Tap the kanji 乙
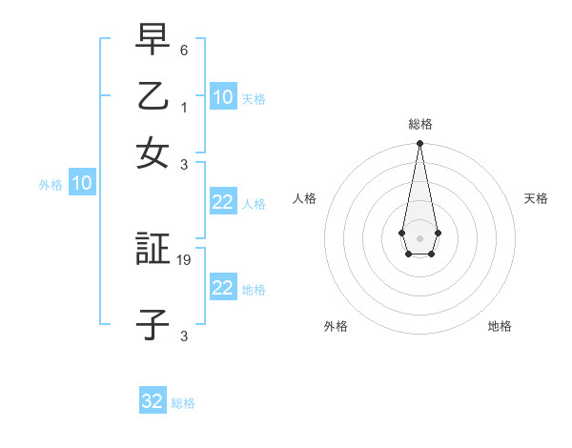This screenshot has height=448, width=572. pyautogui.click(x=153, y=96)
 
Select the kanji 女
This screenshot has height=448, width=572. pyautogui.click(x=153, y=153)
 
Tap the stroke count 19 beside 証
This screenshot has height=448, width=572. pyautogui.click(x=185, y=259)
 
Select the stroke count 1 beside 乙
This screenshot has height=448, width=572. pyautogui.click(x=184, y=108)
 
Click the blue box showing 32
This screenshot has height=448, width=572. pyautogui.click(x=153, y=401)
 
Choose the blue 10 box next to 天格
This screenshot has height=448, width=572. pyautogui.click(x=222, y=97)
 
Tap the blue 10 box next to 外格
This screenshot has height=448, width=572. pyautogui.click(x=82, y=184)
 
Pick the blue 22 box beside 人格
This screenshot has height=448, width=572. pyautogui.click(x=222, y=202)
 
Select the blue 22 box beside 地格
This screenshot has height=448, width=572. pyautogui.click(x=222, y=288)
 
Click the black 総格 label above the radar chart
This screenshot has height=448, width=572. pyautogui.click(x=419, y=124)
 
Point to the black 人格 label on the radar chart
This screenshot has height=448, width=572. pyautogui.click(x=304, y=198)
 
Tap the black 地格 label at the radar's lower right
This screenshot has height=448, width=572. pyautogui.click(x=500, y=326)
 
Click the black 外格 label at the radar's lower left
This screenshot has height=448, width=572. pyautogui.click(x=336, y=326)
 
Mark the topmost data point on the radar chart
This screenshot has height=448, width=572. pyautogui.click(x=419, y=144)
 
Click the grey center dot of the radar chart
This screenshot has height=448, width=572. pyautogui.click(x=419, y=236)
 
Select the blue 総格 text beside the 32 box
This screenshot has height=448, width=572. pyautogui.click(x=183, y=403)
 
